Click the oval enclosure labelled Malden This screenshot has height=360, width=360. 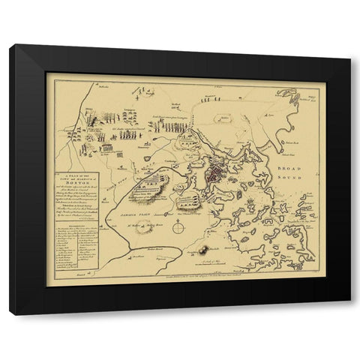[x=224, y=120]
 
